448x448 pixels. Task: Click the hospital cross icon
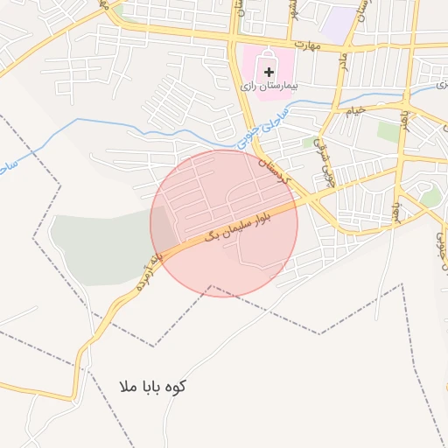269,70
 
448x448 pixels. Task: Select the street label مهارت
309,44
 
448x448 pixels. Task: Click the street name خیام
354,112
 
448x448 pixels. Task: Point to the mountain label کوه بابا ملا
156,386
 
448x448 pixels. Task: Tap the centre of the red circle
224,223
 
